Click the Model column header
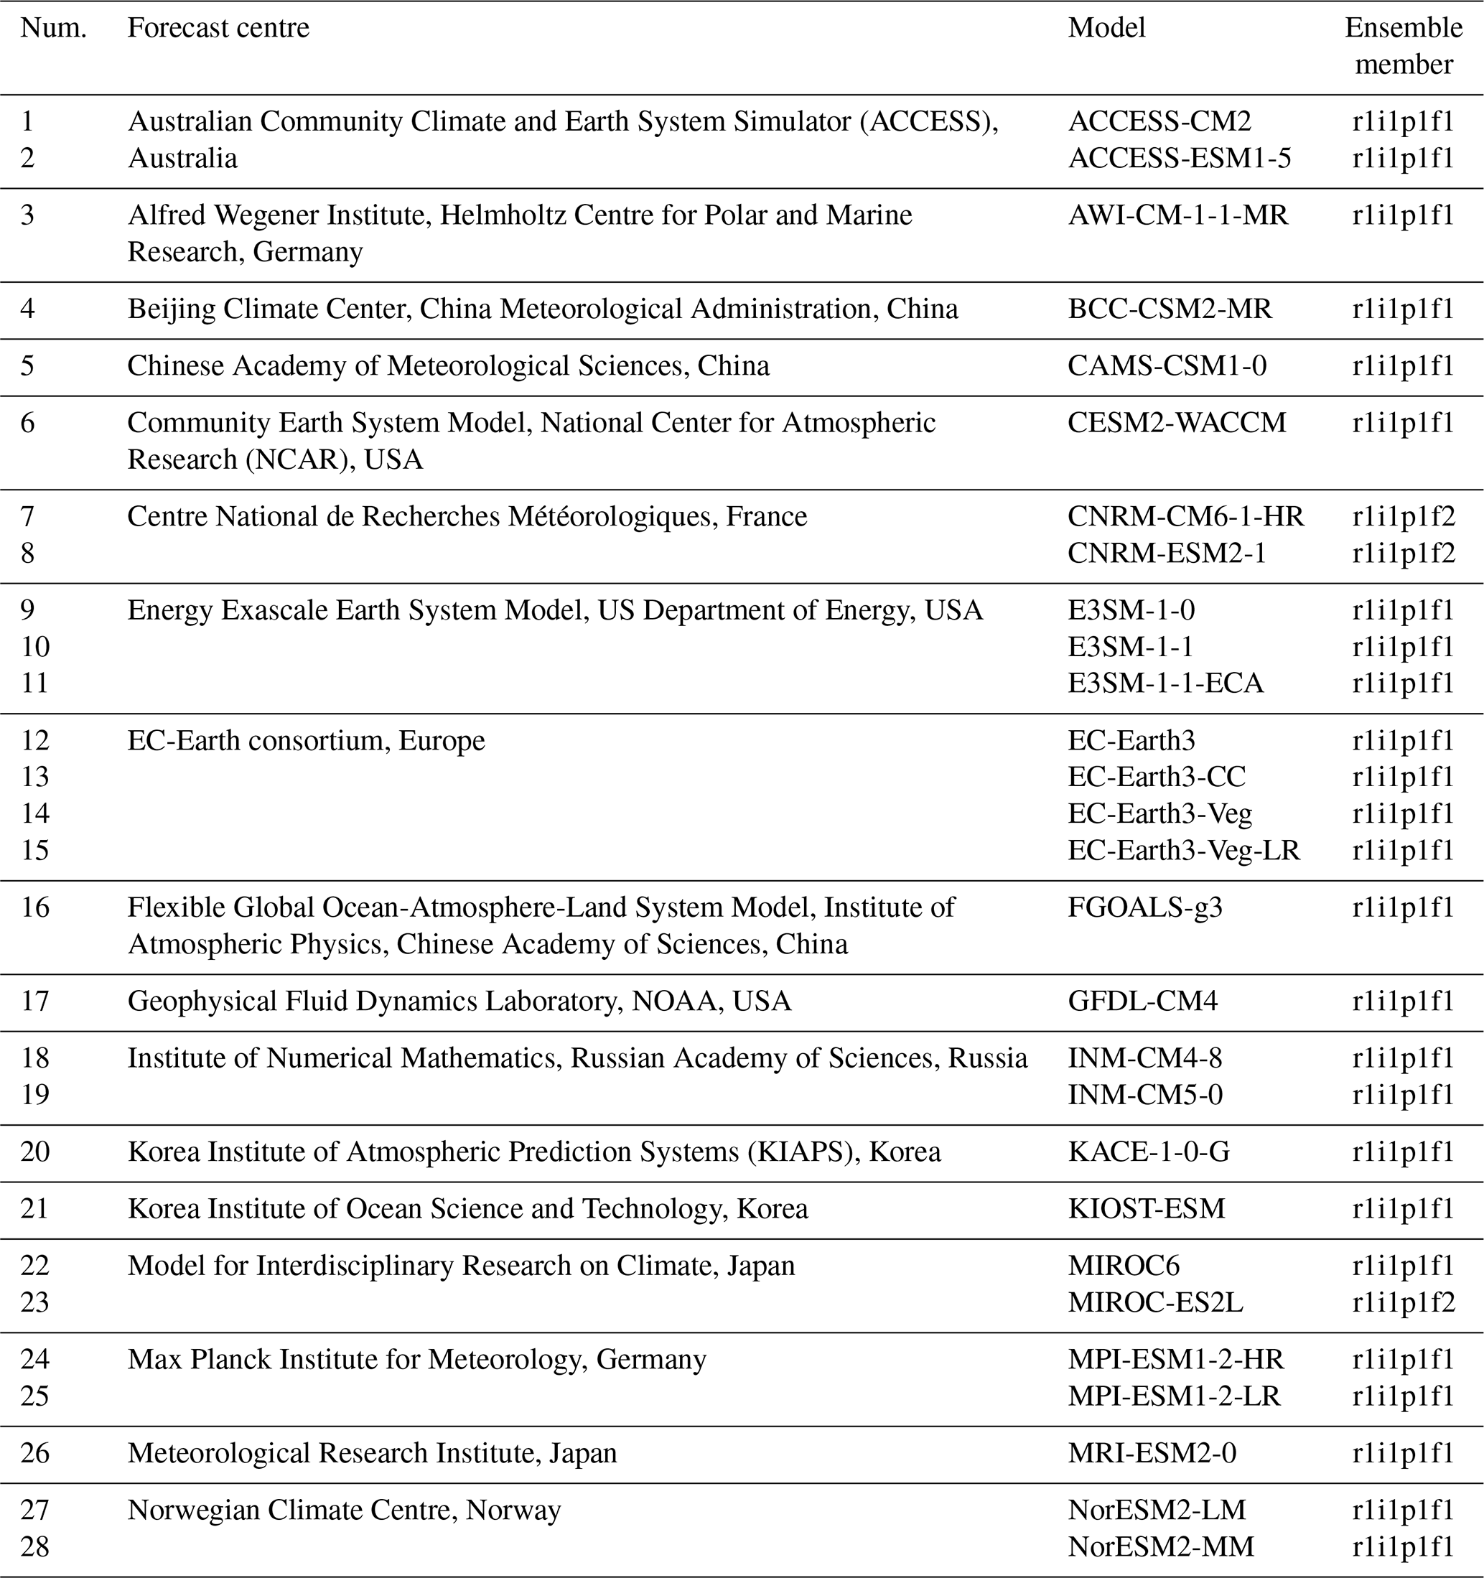(x=1106, y=29)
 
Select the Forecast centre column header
(x=218, y=29)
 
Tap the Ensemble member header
(x=1403, y=46)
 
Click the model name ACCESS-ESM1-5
(x=1180, y=159)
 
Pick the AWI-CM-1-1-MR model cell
(x=1177, y=215)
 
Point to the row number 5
(x=28, y=366)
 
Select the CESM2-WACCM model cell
(x=1176, y=423)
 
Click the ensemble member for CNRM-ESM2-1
(x=1403, y=554)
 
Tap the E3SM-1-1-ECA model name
(x=1165, y=683)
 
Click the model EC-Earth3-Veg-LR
(x=1183, y=851)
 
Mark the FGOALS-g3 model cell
(x=1144, y=907)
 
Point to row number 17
(x=35, y=1001)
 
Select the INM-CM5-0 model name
(x=1144, y=1096)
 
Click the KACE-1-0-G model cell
(x=1148, y=1152)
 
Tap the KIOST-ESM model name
(x=1146, y=1209)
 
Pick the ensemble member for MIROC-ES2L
(x=1403, y=1302)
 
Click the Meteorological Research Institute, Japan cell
(x=372, y=1453)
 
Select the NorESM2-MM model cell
(x=1160, y=1547)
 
